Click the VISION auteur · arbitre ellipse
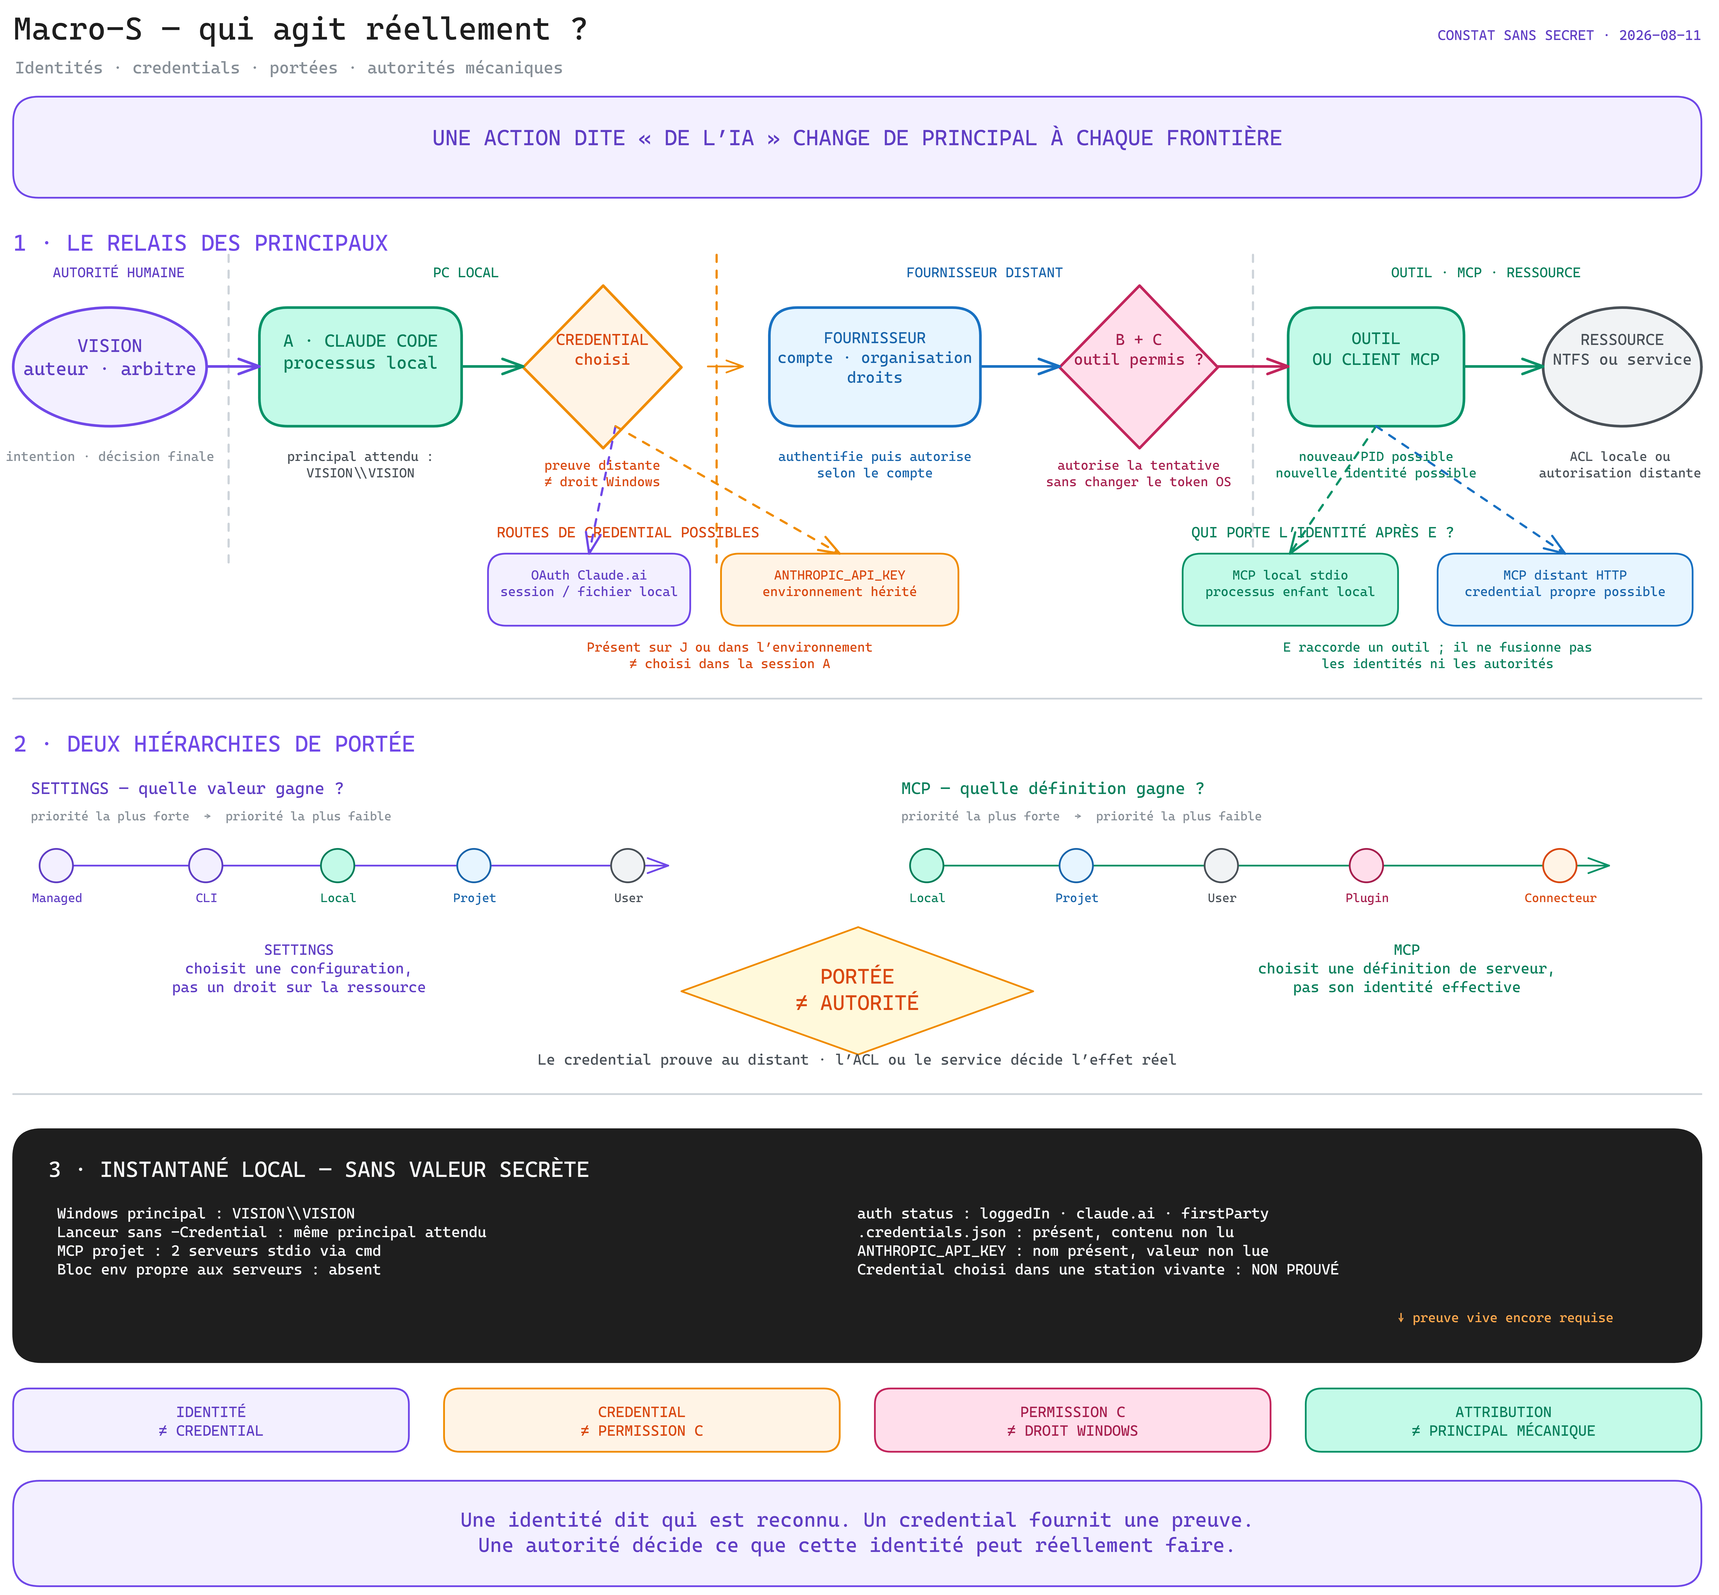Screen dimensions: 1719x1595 (110, 367)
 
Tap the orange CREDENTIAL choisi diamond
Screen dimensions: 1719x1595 (603, 367)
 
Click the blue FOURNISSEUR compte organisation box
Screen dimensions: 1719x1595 (875, 367)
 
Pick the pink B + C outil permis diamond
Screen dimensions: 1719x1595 (1139, 367)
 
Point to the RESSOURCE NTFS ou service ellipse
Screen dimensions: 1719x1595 (1622, 367)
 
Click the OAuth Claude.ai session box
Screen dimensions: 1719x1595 (589, 589)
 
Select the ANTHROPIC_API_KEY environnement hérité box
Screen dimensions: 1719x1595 (839, 589)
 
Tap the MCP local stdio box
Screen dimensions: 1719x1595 (1290, 589)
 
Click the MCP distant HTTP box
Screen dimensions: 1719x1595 (1564, 589)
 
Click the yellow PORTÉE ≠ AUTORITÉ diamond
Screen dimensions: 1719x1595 (857, 991)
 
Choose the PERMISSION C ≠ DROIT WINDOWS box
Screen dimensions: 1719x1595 (1072, 1420)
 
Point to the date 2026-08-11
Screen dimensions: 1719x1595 (1659, 35)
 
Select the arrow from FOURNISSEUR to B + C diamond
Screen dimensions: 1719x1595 (1021, 367)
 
